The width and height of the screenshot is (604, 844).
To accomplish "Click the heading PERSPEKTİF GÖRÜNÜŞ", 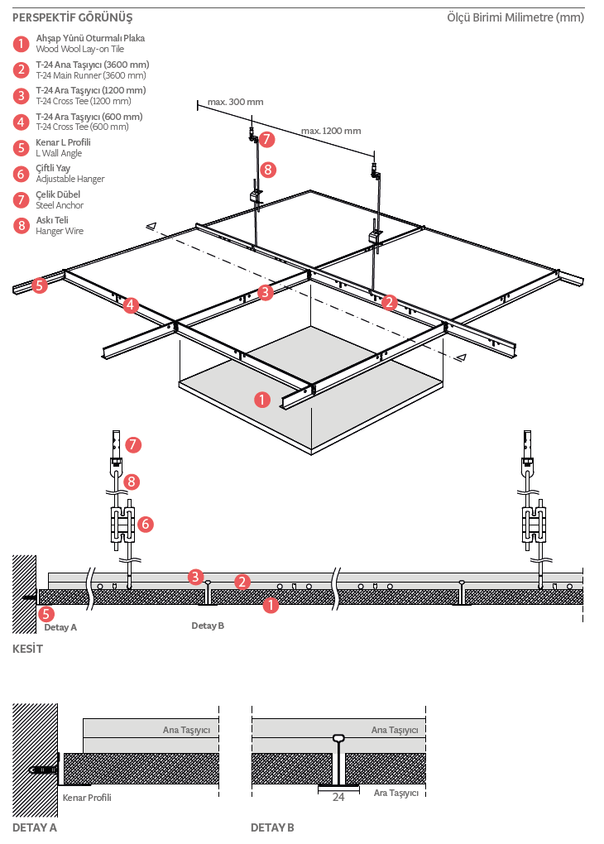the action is (x=72, y=17).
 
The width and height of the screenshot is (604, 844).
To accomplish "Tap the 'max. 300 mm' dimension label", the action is (x=235, y=102).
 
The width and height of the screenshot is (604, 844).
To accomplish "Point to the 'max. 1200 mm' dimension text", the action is (x=331, y=131).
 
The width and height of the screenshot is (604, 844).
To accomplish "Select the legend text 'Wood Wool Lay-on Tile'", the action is (x=80, y=49).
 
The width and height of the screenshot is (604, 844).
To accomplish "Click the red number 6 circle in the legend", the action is (x=21, y=174).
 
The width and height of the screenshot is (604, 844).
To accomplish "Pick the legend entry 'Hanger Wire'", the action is (x=60, y=231).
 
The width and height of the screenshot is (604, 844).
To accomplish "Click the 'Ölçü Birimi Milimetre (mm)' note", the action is (x=515, y=17).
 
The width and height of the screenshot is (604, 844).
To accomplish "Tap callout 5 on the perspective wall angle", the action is (x=39, y=285).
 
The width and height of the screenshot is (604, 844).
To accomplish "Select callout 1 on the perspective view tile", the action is (x=262, y=400).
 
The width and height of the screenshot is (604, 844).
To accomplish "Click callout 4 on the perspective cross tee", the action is (x=130, y=305).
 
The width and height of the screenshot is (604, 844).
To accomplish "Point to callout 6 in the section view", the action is (x=145, y=524).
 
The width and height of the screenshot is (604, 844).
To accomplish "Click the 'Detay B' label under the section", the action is (x=208, y=626).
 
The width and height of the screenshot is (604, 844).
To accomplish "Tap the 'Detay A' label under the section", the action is (x=60, y=627).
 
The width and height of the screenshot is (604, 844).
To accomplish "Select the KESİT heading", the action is (x=27, y=649).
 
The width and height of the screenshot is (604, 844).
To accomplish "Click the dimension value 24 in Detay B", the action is (x=338, y=797).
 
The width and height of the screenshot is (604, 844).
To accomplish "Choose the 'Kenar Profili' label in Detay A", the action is (x=87, y=797).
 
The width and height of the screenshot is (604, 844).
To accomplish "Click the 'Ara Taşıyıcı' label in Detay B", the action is (x=396, y=793).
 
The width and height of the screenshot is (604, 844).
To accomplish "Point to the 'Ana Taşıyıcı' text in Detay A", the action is (x=186, y=730).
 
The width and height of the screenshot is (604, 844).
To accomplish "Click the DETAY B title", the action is (x=272, y=827).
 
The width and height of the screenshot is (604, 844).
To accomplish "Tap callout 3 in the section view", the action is (x=195, y=577).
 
